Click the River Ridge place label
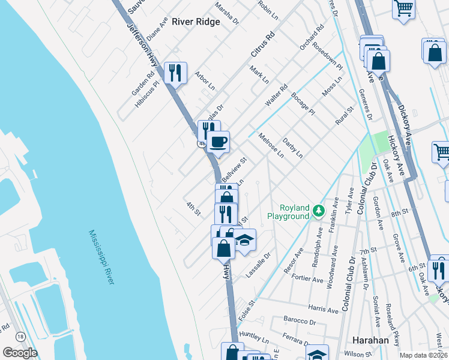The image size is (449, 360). [196, 22]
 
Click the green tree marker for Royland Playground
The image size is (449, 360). [318, 211]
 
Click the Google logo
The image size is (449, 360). [20, 353]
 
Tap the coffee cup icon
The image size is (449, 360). [218, 142]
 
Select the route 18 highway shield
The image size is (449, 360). [20, 337]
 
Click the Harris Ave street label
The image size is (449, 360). [324, 309]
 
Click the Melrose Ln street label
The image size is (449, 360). [271, 145]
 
